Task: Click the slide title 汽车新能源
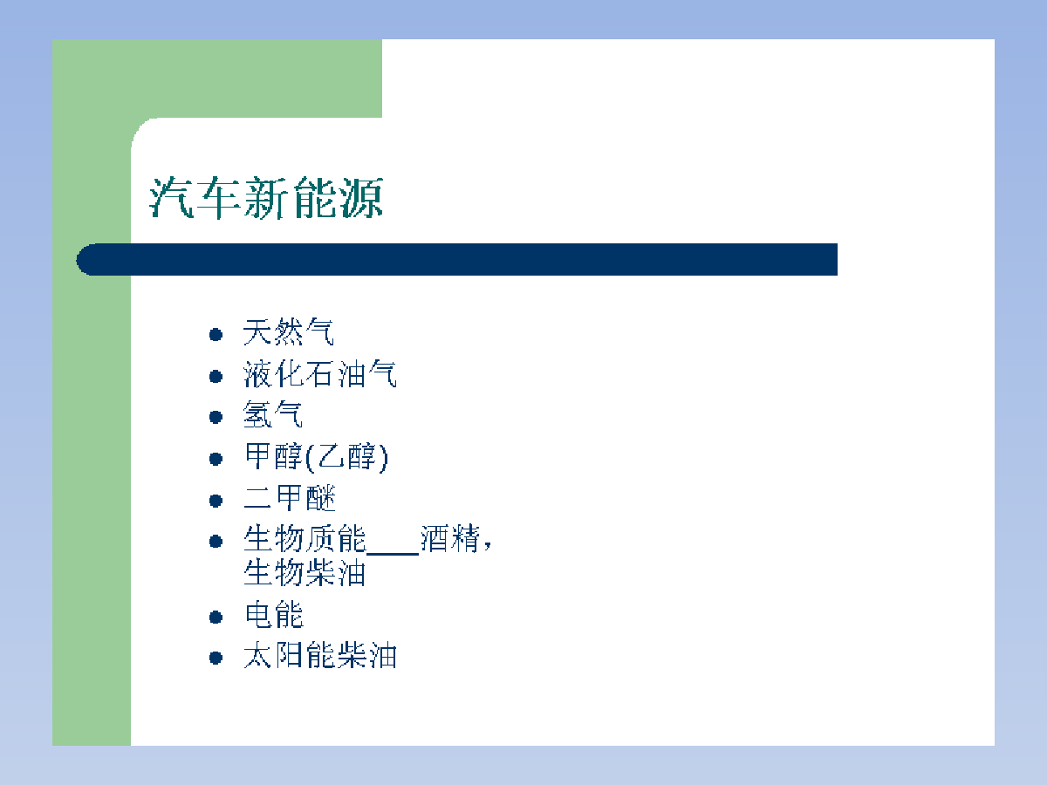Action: pos(267,198)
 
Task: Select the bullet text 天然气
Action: pos(289,331)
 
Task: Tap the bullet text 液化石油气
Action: pos(320,373)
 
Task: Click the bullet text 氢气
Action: pos(273,414)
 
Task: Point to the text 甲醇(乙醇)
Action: pos(316,457)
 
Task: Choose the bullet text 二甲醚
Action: pos(290,498)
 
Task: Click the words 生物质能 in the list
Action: pos(305,538)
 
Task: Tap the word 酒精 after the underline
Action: pos(450,538)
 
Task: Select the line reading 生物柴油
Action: pos(305,572)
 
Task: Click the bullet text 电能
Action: pos(274,614)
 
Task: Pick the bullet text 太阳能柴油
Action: pos(320,655)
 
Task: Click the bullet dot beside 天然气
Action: pos(216,335)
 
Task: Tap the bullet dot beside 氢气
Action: pos(216,417)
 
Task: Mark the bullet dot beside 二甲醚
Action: pos(216,501)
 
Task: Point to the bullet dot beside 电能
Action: pos(216,618)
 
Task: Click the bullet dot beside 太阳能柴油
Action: pos(216,658)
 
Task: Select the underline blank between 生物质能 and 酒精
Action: pos(393,554)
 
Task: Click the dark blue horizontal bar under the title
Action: pos(457,259)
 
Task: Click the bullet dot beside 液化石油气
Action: pos(216,377)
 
